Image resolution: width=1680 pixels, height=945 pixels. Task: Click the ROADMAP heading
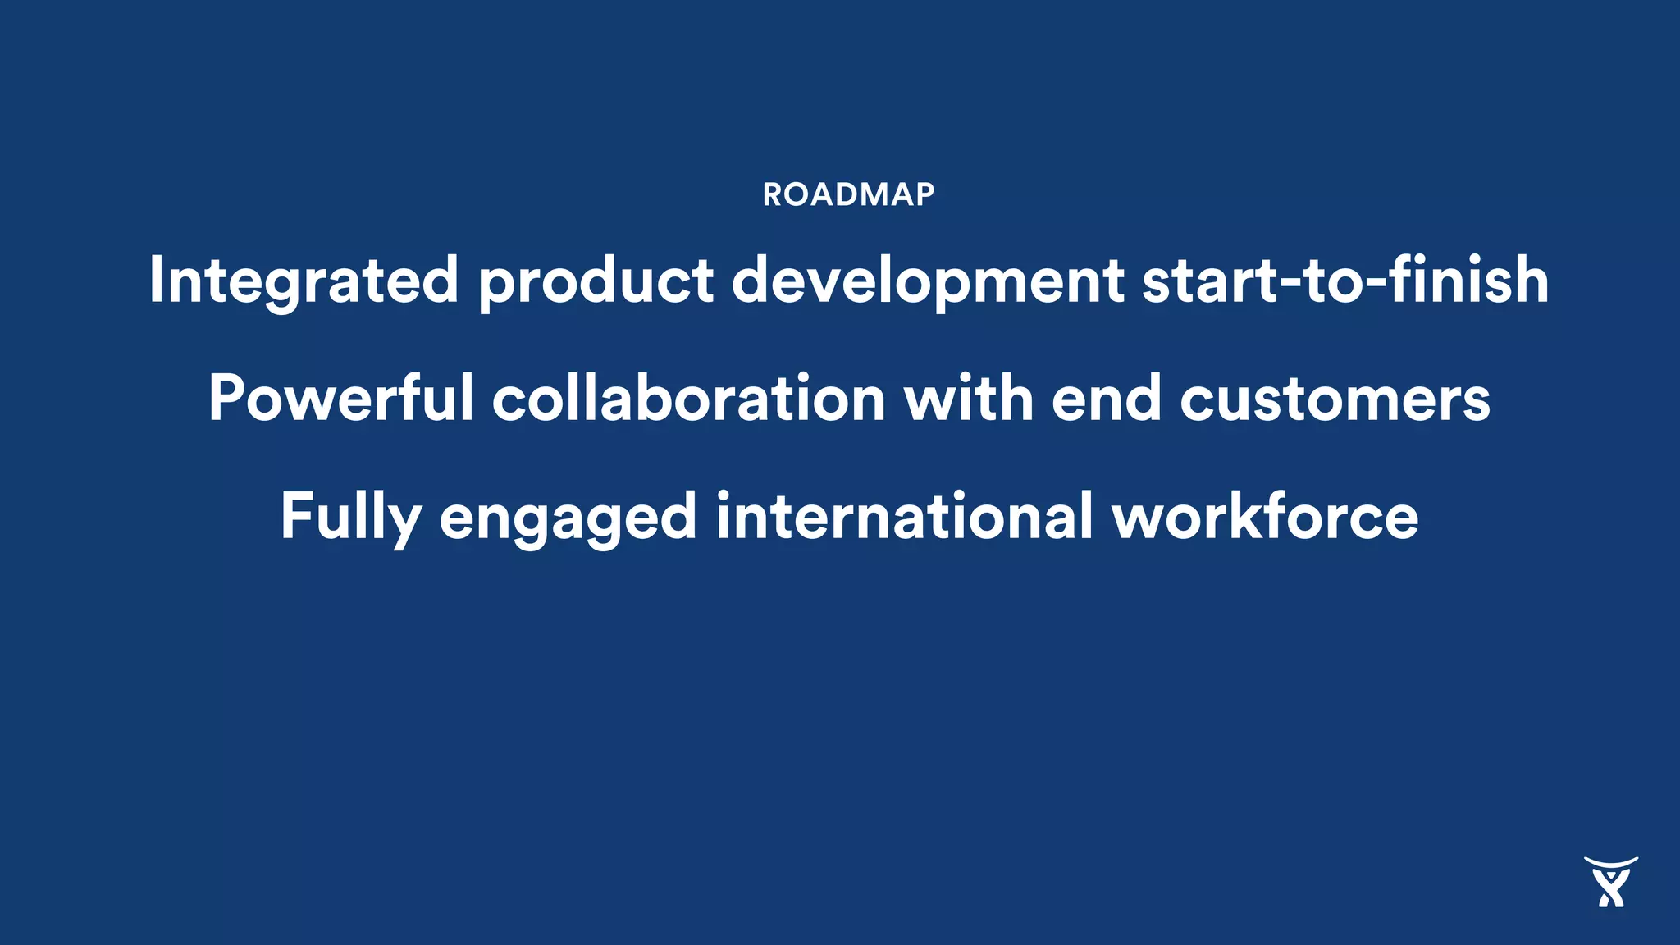click(x=848, y=195)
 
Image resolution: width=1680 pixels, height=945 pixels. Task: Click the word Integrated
click(x=303, y=281)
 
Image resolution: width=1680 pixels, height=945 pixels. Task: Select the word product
click(x=596, y=281)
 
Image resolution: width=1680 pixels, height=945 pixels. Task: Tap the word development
click(x=928, y=281)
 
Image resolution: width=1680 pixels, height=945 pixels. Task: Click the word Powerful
click(x=340, y=398)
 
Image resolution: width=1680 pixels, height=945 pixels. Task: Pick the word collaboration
click(x=688, y=398)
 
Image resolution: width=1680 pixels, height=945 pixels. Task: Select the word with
click(x=968, y=398)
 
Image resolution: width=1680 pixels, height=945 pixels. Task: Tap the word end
click(x=1106, y=398)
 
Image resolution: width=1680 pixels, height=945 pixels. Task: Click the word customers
click(x=1335, y=399)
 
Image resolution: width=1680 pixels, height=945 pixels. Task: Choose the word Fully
click(x=350, y=517)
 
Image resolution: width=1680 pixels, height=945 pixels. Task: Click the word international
click(x=904, y=516)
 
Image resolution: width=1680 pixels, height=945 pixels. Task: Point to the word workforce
click(x=1265, y=517)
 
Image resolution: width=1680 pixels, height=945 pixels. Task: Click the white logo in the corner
click(x=1610, y=883)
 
